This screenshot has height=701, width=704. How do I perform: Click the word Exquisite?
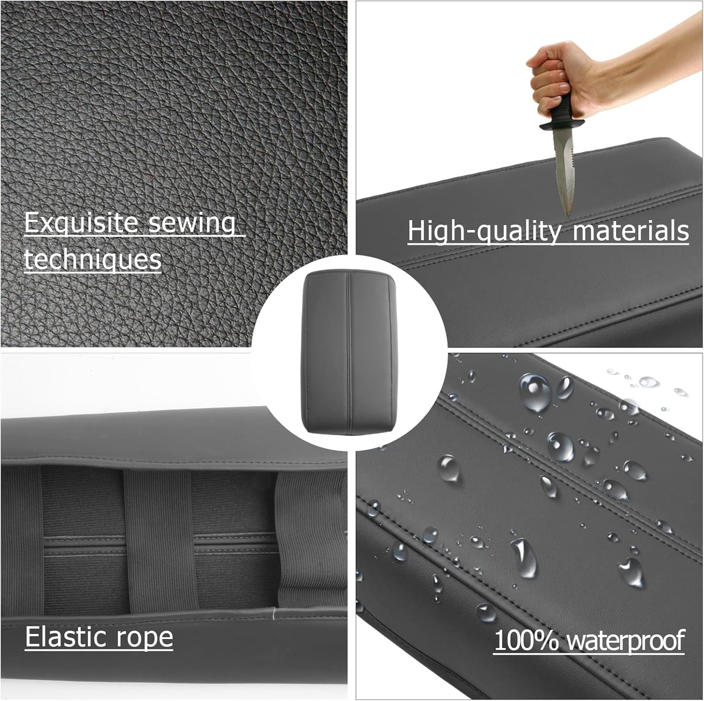(81, 224)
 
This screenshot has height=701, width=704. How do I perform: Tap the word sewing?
(192, 224)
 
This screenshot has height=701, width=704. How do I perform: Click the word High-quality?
(484, 231)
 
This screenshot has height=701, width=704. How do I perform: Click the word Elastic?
(65, 637)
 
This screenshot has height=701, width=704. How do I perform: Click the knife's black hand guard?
(557, 126)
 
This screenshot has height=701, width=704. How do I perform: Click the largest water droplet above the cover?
(534, 392)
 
